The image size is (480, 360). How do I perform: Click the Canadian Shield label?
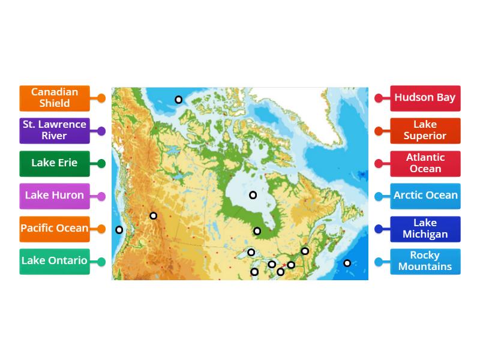tap(55, 98)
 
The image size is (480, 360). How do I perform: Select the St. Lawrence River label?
tap(55, 130)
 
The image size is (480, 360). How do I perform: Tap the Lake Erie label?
tap(55, 163)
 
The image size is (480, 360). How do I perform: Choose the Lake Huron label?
tap(55, 196)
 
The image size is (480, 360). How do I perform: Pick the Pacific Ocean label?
tap(55, 229)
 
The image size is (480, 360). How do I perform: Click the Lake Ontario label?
tap(55, 261)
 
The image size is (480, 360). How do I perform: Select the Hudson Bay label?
tap(425, 98)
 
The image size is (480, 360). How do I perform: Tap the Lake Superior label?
tap(425, 130)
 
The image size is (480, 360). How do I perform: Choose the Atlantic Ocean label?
tap(425, 163)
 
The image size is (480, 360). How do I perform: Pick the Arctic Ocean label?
tap(425, 196)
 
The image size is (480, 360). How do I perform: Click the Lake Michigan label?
tap(425, 229)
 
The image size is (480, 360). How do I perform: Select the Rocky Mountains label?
tap(425, 261)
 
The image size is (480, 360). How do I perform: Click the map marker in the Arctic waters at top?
tap(178, 100)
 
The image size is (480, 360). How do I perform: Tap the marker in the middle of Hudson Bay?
tap(253, 195)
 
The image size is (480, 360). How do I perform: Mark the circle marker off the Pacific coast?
tap(119, 230)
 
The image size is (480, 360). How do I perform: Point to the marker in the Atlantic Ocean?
tap(347, 263)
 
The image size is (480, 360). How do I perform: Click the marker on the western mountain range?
tap(154, 216)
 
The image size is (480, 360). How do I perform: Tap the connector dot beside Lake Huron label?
tap(101, 196)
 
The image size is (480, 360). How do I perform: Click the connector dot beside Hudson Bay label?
tap(379, 98)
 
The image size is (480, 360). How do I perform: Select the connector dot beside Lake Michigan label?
tap(379, 229)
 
